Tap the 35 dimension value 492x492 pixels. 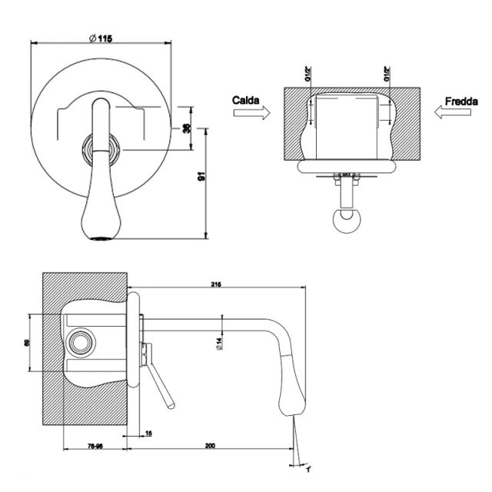click(x=186, y=128)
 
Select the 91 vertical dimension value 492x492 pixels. click(x=201, y=178)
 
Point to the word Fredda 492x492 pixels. click(x=460, y=100)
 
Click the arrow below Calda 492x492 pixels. click(x=251, y=113)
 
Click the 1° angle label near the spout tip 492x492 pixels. click(x=307, y=468)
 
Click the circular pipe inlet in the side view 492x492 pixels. click(x=80, y=340)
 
